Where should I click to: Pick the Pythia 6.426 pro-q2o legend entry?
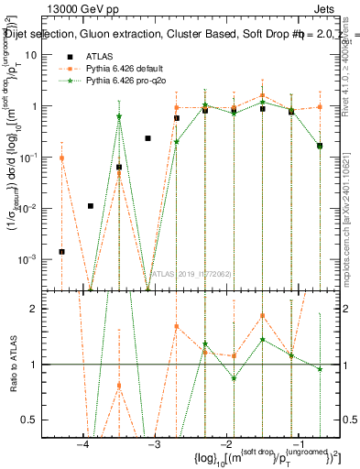[119, 81]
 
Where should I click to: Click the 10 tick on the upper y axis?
[34, 55]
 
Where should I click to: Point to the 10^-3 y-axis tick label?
[29, 259]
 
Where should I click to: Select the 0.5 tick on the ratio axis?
[33, 420]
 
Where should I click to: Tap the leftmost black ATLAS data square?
[62, 251]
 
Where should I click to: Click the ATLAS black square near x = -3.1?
[147, 138]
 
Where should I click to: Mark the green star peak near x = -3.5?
[119, 116]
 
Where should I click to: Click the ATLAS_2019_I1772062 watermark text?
[192, 272]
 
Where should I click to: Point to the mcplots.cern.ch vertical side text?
[352, 220]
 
